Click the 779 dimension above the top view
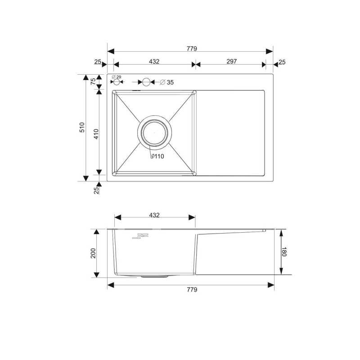192,49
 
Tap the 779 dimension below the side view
192,289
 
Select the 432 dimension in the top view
154,62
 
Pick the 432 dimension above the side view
154,215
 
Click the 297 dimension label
231,61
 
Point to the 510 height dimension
82,127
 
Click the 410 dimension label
96,134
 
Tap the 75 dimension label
93,81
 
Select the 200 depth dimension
93,253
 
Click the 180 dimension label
284,252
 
